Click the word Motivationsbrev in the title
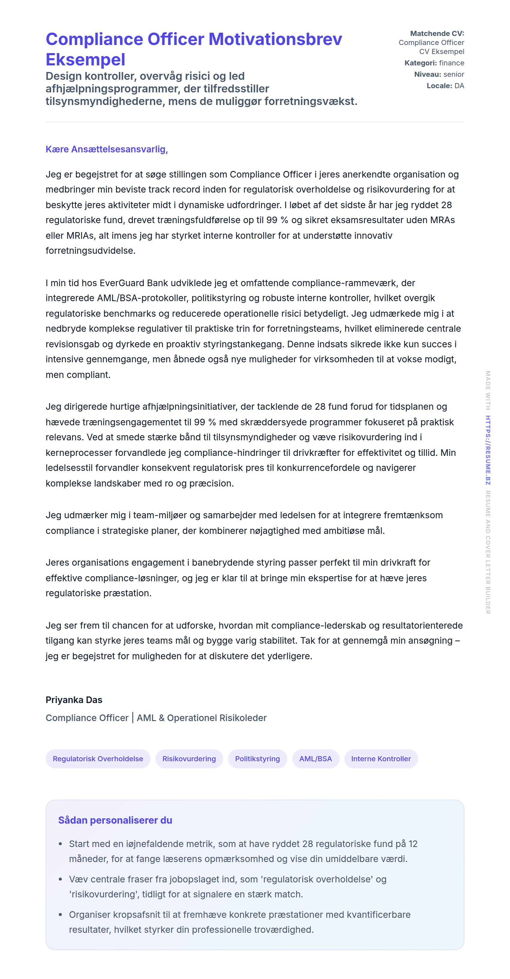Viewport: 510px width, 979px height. point(275,40)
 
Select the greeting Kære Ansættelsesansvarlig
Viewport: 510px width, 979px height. point(107,149)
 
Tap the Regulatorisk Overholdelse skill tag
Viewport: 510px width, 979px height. point(98,759)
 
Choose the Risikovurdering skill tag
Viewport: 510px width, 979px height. point(189,759)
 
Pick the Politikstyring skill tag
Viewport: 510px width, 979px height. point(257,759)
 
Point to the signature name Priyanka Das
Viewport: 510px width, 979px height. point(74,700)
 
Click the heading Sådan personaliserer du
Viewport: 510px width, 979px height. point(115,820)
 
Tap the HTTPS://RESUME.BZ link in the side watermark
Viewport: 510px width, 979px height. point(488,450)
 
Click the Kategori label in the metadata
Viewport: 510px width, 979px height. point(420,63)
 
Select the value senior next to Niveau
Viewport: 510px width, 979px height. point(454,74)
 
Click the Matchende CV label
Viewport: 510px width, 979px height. point(437,34)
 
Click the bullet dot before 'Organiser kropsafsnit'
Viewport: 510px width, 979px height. point(60,915)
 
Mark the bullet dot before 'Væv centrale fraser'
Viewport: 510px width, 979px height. point(60,879)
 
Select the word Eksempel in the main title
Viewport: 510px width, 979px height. point(85,60)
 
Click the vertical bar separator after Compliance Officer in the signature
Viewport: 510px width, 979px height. point(133,718)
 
